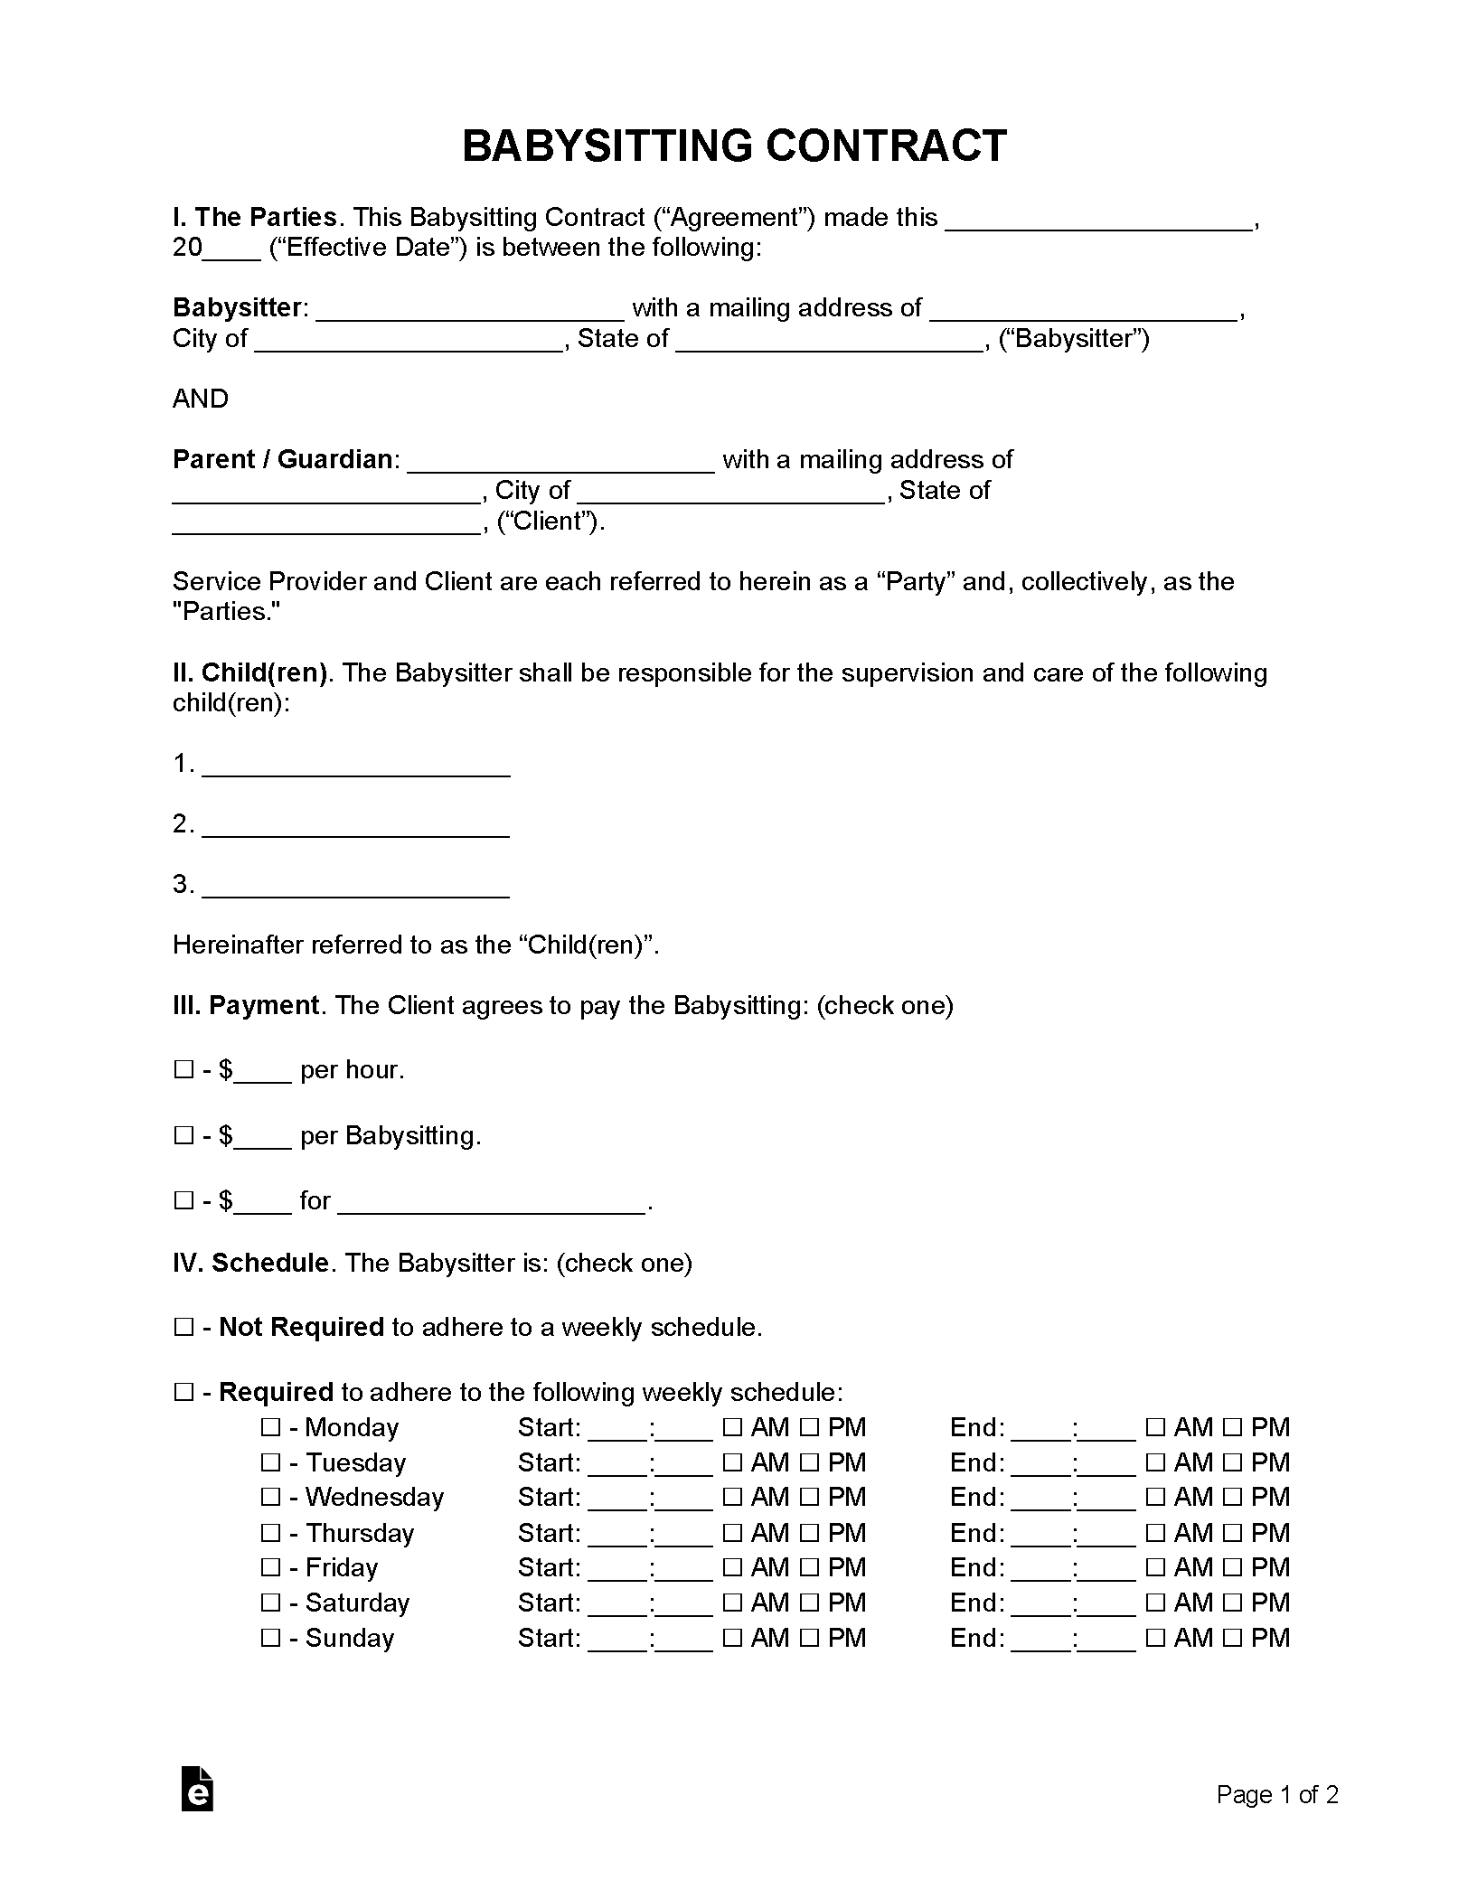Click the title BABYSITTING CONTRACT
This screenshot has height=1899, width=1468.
(x=733, y=146)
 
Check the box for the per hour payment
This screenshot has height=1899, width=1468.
(x=183, y=1070)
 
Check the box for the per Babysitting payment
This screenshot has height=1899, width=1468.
(x=183, y=1136)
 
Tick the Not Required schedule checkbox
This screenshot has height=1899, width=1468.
(x=183, y=1328)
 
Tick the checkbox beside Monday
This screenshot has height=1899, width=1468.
(x=270, y=1428)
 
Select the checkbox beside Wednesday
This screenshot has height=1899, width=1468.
(x=270, y=1498)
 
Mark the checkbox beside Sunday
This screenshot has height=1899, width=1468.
(x=270, y=1638)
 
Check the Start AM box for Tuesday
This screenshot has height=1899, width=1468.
(x=732, y=1463)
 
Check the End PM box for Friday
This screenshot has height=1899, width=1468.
(x=1231, y=1568)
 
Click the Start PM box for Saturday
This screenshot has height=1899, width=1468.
(x=809, y=1603)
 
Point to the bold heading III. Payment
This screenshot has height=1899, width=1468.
(x=246, y=1006)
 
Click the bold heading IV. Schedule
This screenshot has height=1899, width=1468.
(x=250, y=1263)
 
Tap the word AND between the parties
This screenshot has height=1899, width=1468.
(x=201, y=399)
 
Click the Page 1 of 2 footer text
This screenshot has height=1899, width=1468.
(x=1276, y=1794)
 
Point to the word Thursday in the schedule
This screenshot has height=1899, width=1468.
(x=360, y=1533)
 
